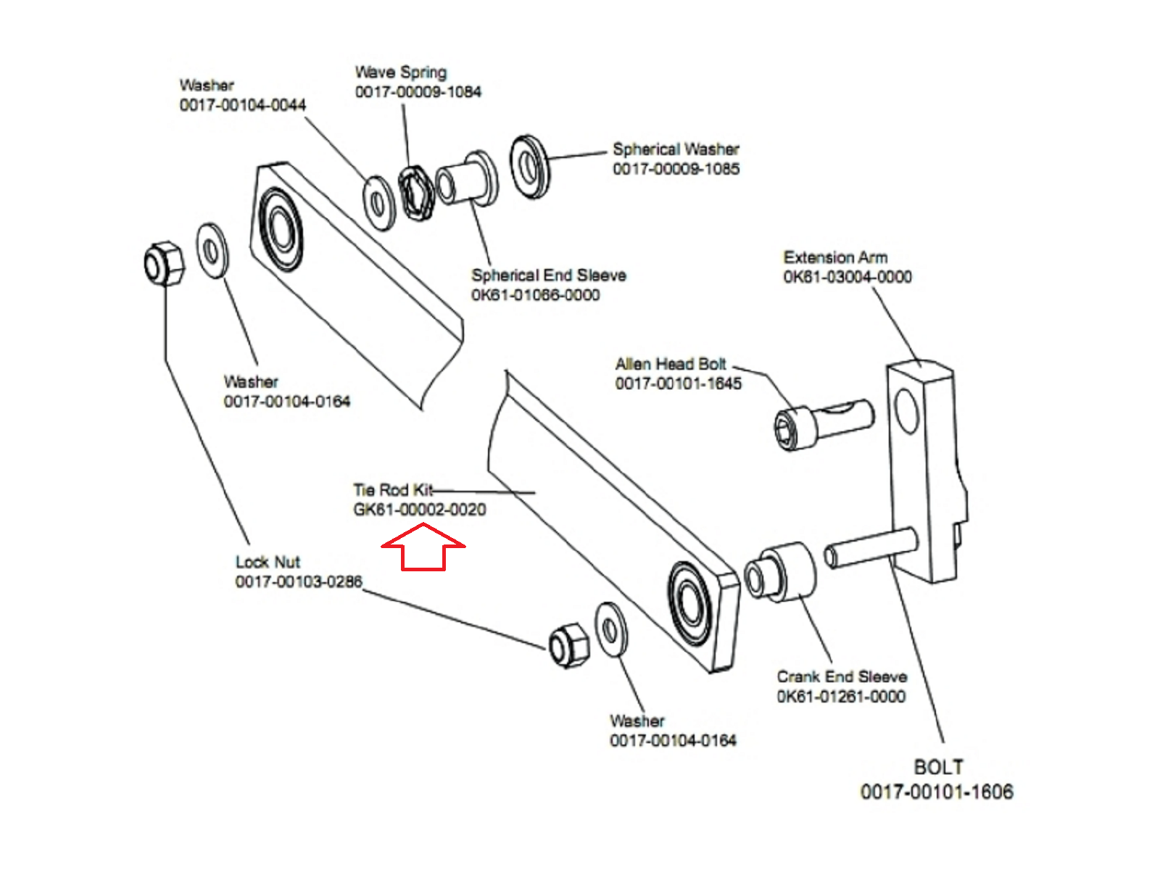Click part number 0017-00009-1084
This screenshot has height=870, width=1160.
tap(418, 92)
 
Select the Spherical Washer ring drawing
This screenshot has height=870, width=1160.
tap(530, 167)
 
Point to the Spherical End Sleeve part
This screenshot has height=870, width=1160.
tap(468, 179)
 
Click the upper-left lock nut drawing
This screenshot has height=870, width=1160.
tap(163, 262)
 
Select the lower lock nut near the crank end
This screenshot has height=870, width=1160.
tap(568, 645)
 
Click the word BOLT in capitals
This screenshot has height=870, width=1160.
tap(938, 767)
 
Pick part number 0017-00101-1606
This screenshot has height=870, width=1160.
tap(937, 792)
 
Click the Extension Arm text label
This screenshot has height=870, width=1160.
tap(835, 257)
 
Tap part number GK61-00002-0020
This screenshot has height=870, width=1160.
tap(419, 510)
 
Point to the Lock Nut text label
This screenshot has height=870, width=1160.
tap(268, 562)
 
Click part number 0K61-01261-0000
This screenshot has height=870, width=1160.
tap(841, 697)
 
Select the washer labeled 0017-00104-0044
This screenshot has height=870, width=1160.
tap(378, 202)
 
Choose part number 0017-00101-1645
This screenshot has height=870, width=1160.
tap(679, 384)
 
